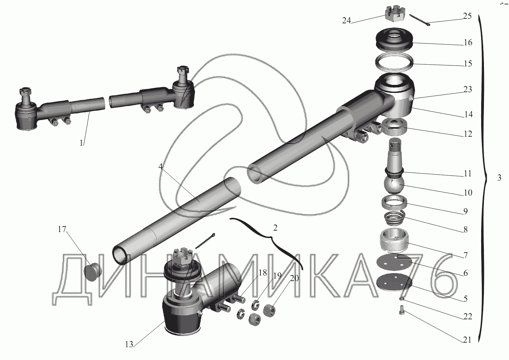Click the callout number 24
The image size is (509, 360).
tap(346, 21)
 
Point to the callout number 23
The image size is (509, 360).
tap(468, 89)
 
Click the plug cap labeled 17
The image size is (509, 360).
tap(93, 272)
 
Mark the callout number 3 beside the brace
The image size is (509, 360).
tap(499, 177)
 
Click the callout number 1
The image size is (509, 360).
tap(81, 143)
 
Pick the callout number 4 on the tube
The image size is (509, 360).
tap(160, 166)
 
